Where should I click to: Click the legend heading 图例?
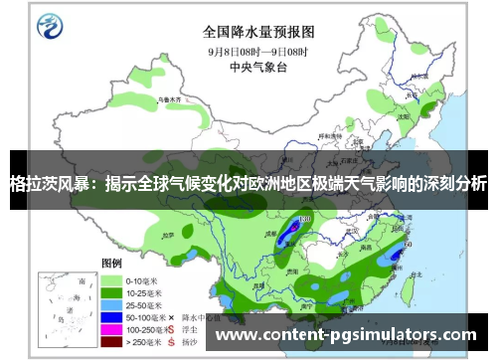(x=111, y=264)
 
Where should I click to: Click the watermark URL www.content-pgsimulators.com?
(x=353, y=334)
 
